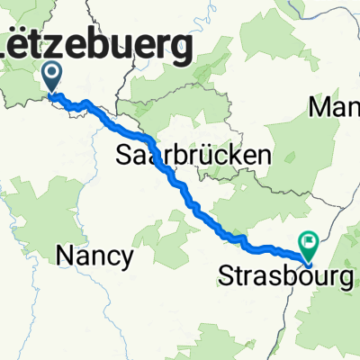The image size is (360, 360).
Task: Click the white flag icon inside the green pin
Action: [x=309, y=240]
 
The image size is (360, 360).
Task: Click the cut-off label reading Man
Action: [x=335, y=109]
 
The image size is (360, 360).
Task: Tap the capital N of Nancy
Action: [x=65, y=256]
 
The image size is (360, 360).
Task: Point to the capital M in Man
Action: [x=320, y=109]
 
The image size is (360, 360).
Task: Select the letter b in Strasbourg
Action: [x=286, y=275]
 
